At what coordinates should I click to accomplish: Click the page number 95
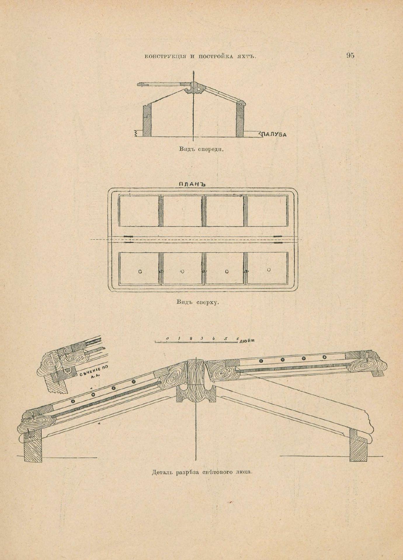click(350, 55)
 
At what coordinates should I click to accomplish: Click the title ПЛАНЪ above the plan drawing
click(192, 184)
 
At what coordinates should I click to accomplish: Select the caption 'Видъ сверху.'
click(198, 302)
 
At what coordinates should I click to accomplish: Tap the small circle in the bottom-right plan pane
click(269, 270)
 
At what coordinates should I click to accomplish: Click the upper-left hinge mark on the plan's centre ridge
click(128, 236)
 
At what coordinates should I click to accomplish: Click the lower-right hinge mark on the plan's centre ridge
click(278, 242)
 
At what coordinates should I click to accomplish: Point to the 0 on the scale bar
click(167, 338)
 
